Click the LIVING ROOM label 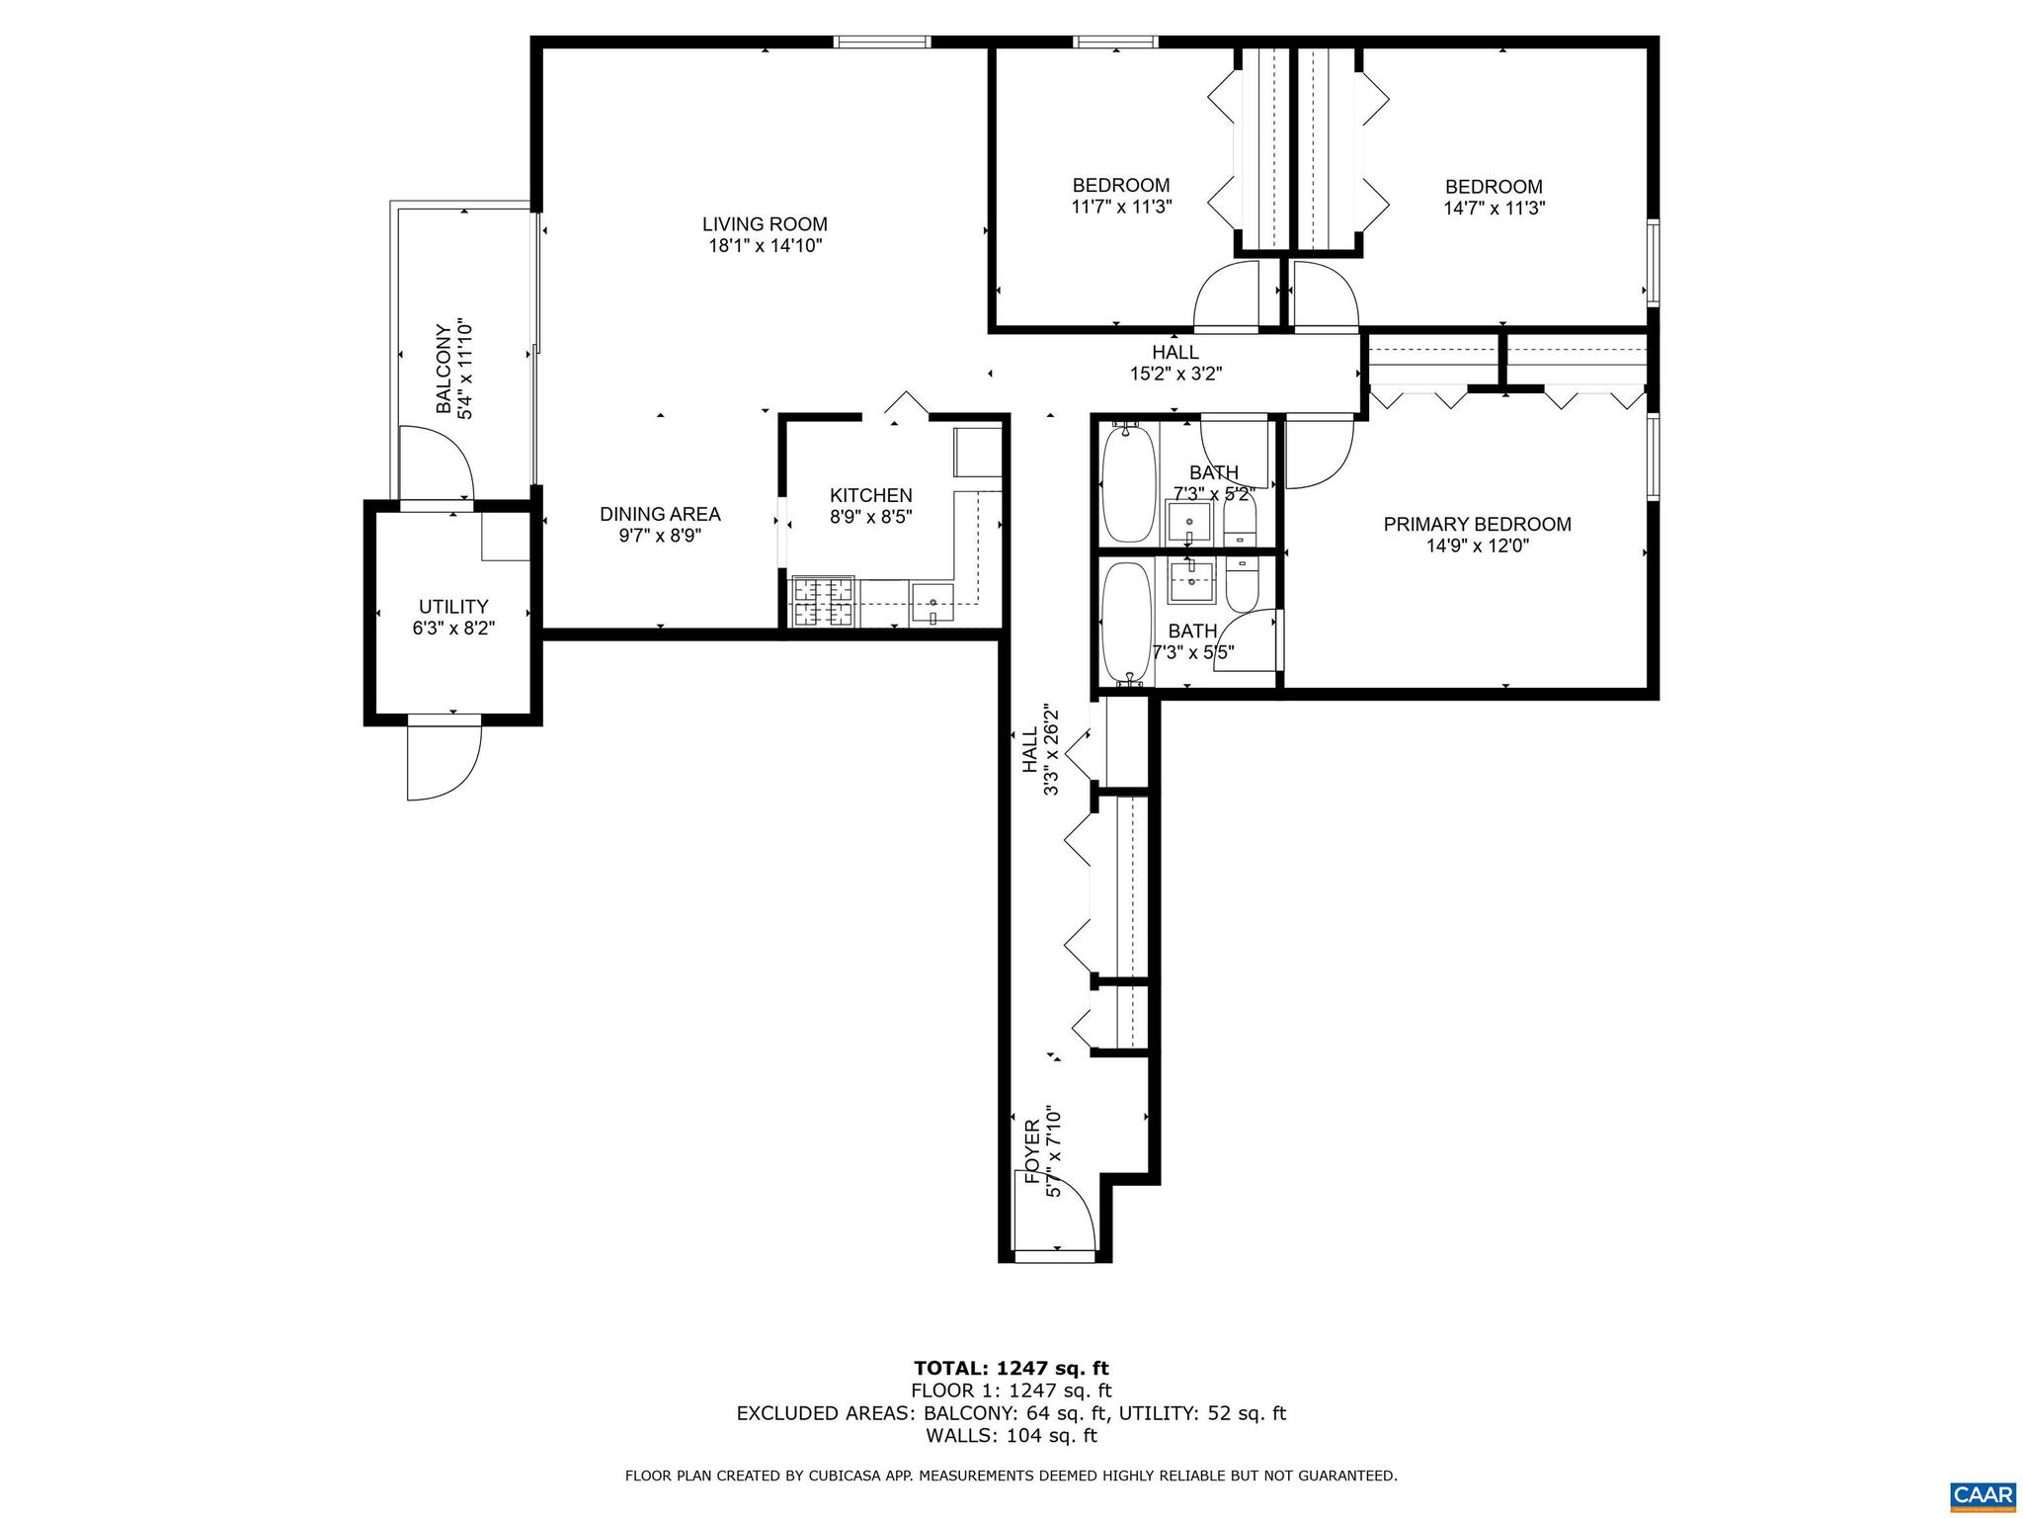[765, 224]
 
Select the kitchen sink [932, 602]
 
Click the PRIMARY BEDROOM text [1477, 525]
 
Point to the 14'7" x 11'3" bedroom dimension [1494, 209]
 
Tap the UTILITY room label [453, 607]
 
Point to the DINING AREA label [660, 514]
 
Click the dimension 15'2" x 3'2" [1175, 374]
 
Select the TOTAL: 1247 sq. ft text [1011, 1368]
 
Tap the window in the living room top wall [881, 42]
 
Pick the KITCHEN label [870, 495]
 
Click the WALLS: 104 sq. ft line [1011, 1436]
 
